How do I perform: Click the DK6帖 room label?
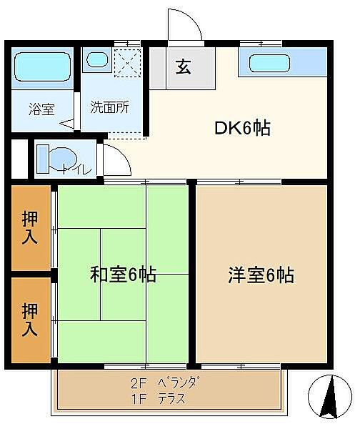[242, 128]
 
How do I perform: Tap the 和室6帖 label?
[124, 275]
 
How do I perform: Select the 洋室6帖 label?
[261, 275]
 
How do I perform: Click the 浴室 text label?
[42, 109]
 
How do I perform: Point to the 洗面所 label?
[109, 107]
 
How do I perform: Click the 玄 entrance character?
[183, 66]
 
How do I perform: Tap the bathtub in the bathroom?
[42, 66]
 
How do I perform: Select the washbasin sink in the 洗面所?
[97, 60]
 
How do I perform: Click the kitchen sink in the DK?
[269, 63]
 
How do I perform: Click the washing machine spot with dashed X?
[128, 63]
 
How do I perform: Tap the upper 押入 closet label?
[30, 227]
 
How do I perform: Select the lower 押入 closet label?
[30, 319]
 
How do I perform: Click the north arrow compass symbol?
[330, 396]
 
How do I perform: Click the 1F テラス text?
[159, 399]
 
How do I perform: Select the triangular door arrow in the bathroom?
[67, 124]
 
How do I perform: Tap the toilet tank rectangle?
[43, 159]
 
